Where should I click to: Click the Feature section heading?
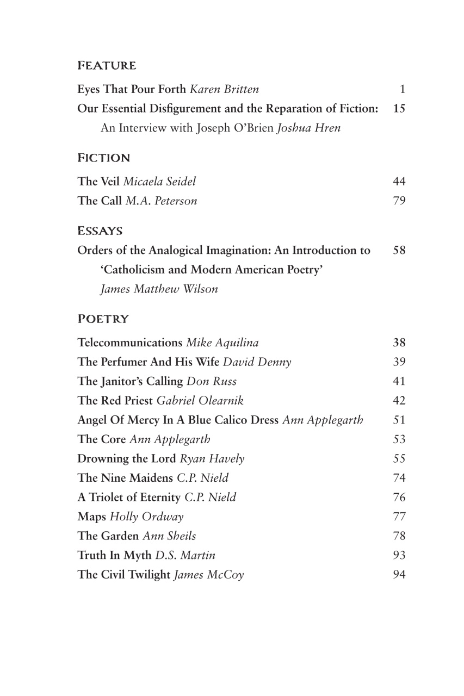point(107,66)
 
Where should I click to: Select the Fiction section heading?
point(104,158)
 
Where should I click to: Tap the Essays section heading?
point(100,231)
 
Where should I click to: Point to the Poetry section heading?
point(103,319)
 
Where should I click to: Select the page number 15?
point(399,109)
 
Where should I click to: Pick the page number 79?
point(399,201)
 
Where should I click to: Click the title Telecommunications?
point(129,343)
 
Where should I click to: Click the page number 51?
point(399,420)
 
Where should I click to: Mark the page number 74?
point(399,478)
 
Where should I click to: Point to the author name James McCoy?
point(209,575)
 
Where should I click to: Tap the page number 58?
point(399,251)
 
